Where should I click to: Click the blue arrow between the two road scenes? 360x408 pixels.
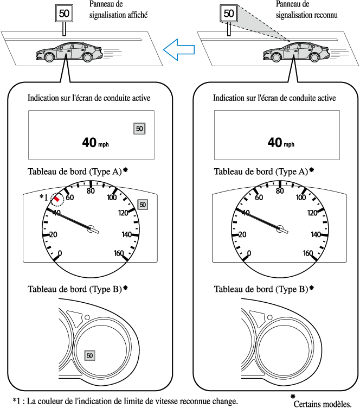coord(179,50)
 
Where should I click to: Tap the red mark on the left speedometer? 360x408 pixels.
coord(57,199)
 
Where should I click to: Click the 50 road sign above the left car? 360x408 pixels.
coord(64,13)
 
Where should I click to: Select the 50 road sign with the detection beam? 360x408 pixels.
coord(229,13)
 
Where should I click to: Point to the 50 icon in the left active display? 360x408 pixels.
coord(139,129)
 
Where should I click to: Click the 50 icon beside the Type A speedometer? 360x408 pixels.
coord(143,205)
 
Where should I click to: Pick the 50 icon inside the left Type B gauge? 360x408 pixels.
coord(89,355)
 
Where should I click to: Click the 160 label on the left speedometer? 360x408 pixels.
coord(119,253)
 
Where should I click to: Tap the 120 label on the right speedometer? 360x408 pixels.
coord(312,213)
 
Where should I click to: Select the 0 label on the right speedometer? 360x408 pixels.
coord(249,253)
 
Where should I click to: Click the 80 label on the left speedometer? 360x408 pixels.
coord(91,191)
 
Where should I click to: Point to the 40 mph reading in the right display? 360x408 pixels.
coord(281,143)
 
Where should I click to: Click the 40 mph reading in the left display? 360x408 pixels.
coord(95,143)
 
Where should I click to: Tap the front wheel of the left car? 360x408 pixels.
coord(49,57)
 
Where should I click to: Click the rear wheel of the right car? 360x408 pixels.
coord(314,58)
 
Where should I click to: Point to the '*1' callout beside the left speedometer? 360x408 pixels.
coord(44,197)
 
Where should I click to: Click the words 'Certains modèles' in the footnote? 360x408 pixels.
coord(323,404)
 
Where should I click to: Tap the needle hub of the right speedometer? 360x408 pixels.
coord(280,229)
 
